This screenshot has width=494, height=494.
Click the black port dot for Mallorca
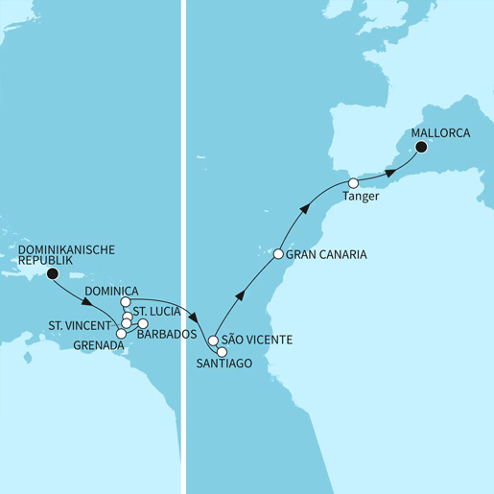(420, 148)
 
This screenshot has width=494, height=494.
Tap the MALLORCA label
(439, 133)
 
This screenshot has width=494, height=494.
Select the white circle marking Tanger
(353, 183)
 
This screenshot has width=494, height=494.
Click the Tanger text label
(361, 198)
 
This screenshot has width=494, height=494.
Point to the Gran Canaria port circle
(278, 255)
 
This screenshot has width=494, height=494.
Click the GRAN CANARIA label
(327, 256)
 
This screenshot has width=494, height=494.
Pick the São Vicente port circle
(213, 341)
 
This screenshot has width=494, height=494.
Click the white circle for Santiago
(223, 352)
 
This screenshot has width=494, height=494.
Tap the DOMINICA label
(113, 291)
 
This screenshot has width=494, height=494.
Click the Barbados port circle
(144, 323)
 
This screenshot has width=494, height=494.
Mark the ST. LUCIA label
(158, 311)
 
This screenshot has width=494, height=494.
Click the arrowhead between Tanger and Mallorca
(390, 173)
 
